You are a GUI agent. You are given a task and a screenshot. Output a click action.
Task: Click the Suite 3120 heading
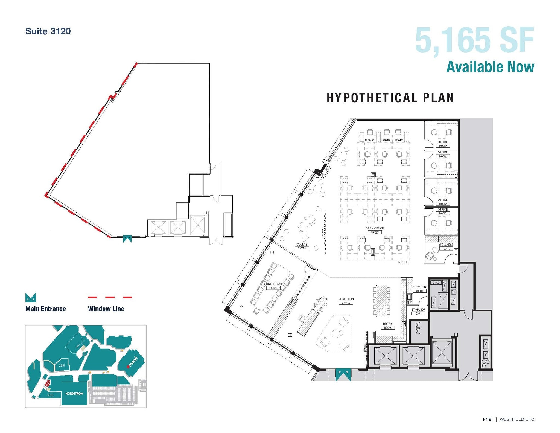pyautogui.click(x=48, y=31)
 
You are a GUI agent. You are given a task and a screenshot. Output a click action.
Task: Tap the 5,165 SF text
pyautogui.click(x=474, y=40)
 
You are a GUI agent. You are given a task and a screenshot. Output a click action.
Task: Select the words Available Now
pyautogui.click(x=490, y=67)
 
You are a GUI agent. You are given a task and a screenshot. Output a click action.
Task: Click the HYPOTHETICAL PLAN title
pyautogui.click(x=390, y=98)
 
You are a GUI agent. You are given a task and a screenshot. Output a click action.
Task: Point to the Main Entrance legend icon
pyautogui.click(x=30, y=297)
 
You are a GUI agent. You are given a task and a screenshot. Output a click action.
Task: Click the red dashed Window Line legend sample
pyautogui.click(x=110, y=297)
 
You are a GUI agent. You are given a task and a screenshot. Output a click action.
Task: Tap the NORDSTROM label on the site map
pyautogui.click(x=74, y=394)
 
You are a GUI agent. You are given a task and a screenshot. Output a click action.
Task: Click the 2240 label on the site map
pyautogui.click(x=62, y=365)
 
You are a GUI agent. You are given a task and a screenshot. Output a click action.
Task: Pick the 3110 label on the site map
pyautogui.click(x=50, y=395)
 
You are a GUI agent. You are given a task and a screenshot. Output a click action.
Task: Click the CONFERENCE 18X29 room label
pyautogui.click(x=273, y=286)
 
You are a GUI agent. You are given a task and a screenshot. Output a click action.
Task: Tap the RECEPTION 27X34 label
pyautogui.click(x=346, y=301)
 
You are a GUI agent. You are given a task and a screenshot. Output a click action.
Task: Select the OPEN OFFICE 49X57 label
pyautogui.click(x=375, y=230)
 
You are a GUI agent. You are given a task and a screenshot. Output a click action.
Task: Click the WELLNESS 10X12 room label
pyautogui.click(x=446, y=247)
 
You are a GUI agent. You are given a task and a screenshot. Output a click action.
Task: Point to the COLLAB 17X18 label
pyautogui.click(x=302, y=246)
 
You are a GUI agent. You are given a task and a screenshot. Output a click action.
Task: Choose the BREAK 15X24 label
pyautogui.click(x=387, y=326)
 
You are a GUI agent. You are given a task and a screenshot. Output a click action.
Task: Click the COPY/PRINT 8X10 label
pyautogui.click(x=419, y=289)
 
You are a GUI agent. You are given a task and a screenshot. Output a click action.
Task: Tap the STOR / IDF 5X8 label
pyautogui.click(x=418, y=312)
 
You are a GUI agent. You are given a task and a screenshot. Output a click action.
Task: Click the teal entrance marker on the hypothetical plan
pyautogui.click(x=343, y=374)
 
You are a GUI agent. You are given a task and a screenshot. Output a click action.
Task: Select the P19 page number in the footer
pyautogui.click(x=487, y=419)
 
